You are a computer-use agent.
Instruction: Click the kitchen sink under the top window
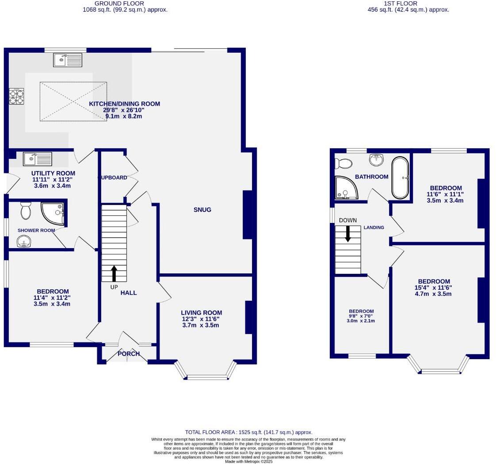point(68,60)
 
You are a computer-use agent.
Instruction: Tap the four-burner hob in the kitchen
point(16,96)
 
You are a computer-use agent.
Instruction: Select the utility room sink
point(38,158)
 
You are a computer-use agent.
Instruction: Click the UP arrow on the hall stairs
point(114,273)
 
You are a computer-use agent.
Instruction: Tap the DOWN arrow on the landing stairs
point(348,234)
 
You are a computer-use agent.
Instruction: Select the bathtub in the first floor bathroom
point(400,177)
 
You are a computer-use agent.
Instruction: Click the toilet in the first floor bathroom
point(343,164)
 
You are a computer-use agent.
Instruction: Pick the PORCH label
point(129,354)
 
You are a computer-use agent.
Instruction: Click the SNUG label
point(202,210)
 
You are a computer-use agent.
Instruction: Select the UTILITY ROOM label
point(53,173)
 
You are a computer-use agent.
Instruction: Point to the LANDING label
point(374,227)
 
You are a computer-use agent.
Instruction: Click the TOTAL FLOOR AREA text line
point(248,432)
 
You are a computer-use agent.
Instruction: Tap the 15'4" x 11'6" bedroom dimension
point(434,288)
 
